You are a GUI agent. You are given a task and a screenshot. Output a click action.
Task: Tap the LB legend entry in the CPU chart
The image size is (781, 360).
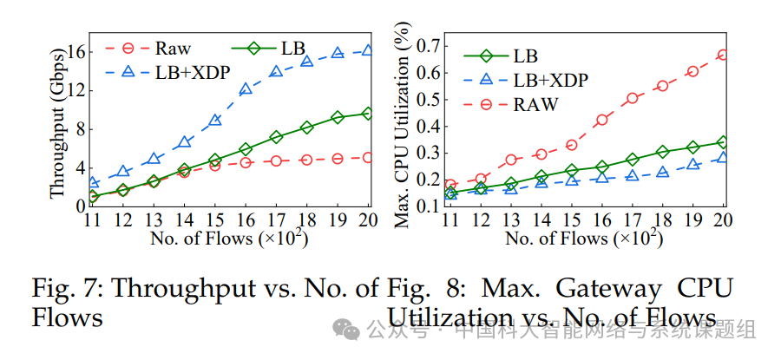[525, 56]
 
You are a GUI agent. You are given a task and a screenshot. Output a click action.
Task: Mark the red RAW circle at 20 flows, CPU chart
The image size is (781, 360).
[723, 55]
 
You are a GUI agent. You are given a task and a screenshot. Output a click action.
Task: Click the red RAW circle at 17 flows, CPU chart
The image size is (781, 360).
[632, 98]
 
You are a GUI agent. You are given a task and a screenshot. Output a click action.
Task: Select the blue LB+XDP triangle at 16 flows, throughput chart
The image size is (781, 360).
[246, 88]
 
